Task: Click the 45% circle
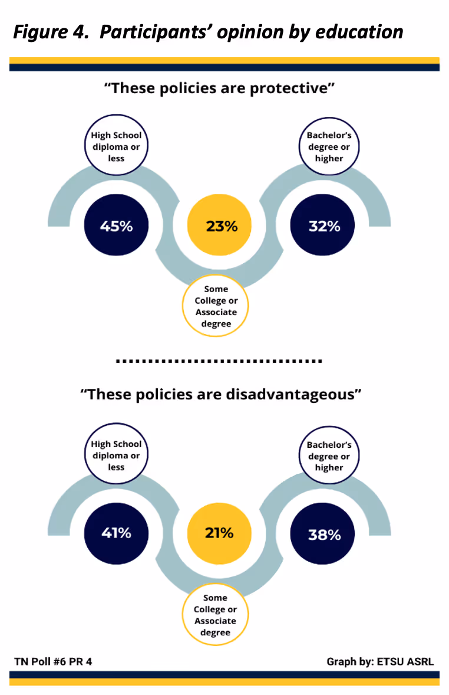116,226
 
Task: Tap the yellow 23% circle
220,226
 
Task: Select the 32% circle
323,226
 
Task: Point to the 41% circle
116,533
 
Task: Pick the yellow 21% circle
220,533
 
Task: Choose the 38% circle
323,534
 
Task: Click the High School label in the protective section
116,147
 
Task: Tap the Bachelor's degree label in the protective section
328,147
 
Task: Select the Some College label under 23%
216,306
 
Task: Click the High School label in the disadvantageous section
116,455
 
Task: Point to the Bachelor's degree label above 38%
328,456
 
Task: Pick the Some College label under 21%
215,615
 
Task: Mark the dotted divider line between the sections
219,360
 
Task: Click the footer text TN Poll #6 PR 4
53,661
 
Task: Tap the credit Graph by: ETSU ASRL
380,661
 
